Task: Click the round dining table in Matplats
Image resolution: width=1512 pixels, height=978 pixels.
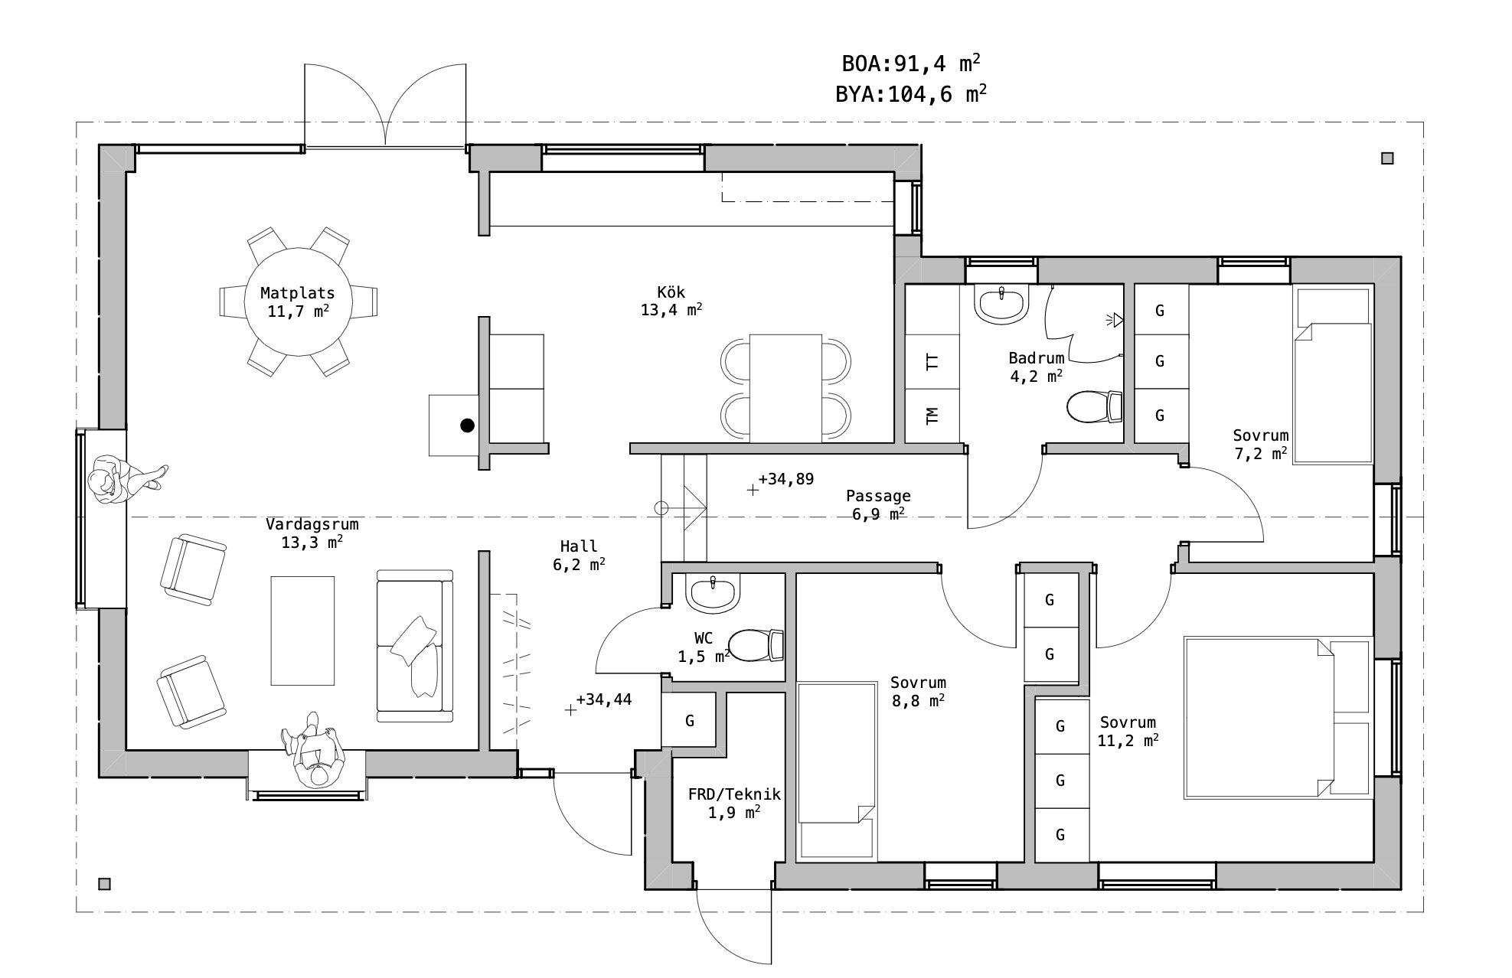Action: [x=298, y=302]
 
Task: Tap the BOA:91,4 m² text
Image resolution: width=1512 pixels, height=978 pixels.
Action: [x=911, y=63]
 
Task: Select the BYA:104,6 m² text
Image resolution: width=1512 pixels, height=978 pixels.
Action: [x=911, y=94]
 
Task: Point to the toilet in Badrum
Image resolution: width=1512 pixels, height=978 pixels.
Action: [x=1095, y=406]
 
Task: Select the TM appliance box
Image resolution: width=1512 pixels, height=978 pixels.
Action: [x=932, y=416]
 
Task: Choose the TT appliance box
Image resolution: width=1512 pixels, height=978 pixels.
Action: [x=932, y=361]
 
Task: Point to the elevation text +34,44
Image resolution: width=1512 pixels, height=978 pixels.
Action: [x=604, y=699]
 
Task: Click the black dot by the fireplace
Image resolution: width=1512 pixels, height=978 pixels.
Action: [x=467, y=425]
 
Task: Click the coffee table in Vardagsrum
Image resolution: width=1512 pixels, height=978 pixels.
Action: [x=302, y=631]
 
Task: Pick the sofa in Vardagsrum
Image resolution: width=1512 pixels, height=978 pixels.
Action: [x=415, y=645]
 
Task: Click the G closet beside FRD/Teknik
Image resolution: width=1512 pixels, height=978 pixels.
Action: [x=689, y=720]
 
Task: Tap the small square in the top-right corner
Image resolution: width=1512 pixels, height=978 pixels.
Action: [x=1387, y=158]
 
